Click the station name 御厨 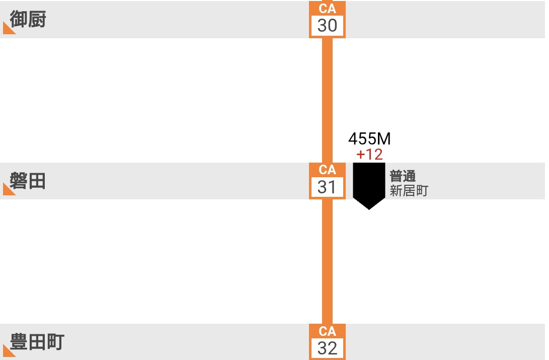(28, 20)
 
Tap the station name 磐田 (28, 181)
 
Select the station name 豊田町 (37, 342)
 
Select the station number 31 (327, 187)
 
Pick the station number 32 (327, 348)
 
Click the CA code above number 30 (327, 9)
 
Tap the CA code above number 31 (327, 170)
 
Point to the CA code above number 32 (327, 331)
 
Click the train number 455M (369, 139)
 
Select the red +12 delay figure (369, 155)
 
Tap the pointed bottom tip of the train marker (369, 208)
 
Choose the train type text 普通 (403, 176)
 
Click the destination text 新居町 (409, 191)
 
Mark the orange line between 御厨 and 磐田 (327, 101)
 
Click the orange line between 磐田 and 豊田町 (327, 262)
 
